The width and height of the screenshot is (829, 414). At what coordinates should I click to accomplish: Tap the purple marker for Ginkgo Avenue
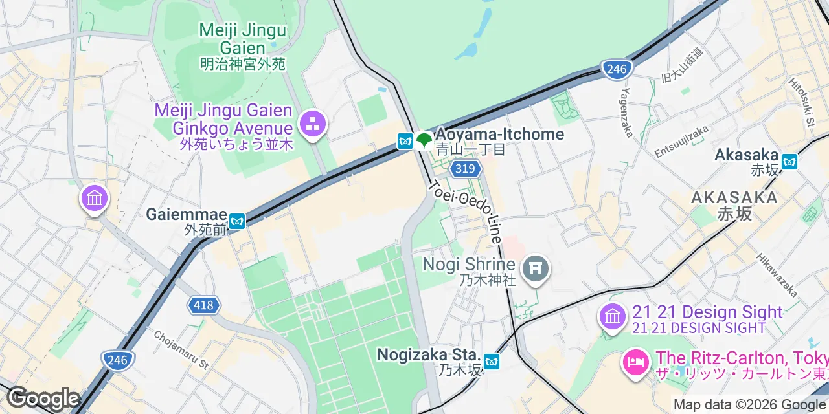click(313, 124)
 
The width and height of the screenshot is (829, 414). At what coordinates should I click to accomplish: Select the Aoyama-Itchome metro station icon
click(405, 140)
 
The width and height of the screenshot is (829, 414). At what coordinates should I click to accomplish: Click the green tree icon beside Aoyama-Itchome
click(424, 140)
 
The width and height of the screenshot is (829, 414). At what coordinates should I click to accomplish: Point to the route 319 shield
click(466, 169)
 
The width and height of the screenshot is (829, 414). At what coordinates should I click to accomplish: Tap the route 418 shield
click(203, 305)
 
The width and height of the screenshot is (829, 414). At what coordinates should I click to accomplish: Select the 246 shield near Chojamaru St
click(117, 360)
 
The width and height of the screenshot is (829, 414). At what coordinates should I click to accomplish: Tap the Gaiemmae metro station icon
click(238, 221)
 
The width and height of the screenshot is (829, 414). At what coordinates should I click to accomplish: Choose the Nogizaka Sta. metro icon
click(492, 362)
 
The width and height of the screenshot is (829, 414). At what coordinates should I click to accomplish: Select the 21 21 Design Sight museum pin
click(612, 317)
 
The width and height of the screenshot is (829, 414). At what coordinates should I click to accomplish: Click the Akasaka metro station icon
click(789, 161)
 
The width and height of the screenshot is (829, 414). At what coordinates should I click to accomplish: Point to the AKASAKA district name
click(734, 197)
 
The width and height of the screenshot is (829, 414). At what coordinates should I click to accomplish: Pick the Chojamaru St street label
click(181, 350)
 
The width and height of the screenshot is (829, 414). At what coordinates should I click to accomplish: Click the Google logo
click(43, 398)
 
